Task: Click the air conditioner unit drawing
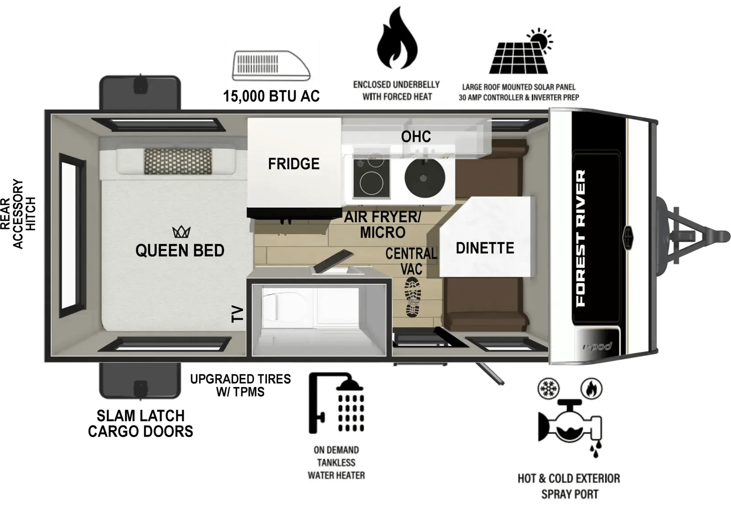pos(271,65)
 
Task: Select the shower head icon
pos(336,403)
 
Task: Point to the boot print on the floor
pos(413,297)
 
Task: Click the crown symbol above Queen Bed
pos(181,232)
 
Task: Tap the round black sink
pos(424,178)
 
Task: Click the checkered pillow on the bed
pos(178,161)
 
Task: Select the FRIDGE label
pos(294,164)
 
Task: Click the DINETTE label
pos(485,248)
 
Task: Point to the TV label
pos(238,314)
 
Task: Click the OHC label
pos(416,137)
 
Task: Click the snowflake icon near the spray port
pos(549,388)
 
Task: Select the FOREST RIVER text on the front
pos(581,238)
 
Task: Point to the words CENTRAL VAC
pos(411,261)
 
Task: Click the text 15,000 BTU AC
pos(271,96)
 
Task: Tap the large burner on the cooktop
pos(371,183)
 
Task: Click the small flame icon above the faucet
pos(591,388)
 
